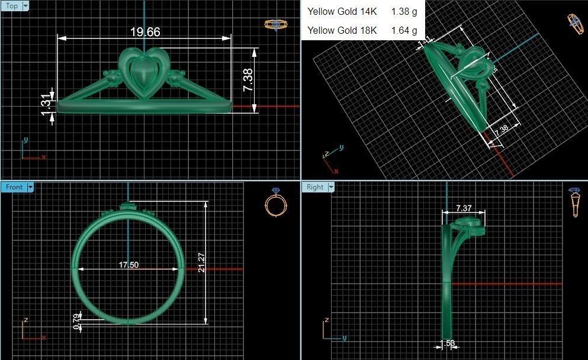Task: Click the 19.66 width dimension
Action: [145, 32]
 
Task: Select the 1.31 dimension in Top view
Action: [47, 104]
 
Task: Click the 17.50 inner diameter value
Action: [128, 265]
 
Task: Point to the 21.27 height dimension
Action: [202, 262]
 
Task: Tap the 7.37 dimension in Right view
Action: [464, 208]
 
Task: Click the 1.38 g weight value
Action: [404, 11]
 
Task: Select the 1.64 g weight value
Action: [404, 30]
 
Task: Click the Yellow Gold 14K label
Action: [342, 11]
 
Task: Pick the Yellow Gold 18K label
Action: [342, 30]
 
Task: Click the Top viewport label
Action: [12, 6]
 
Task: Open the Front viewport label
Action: [14, 187]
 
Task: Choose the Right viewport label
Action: [315, 187]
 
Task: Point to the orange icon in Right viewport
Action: [574, 203]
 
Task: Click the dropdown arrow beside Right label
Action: [332, 187]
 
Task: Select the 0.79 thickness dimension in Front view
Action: [75, 320]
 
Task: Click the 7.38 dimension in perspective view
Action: [500, 131]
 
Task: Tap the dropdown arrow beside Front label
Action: [30, 187]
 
